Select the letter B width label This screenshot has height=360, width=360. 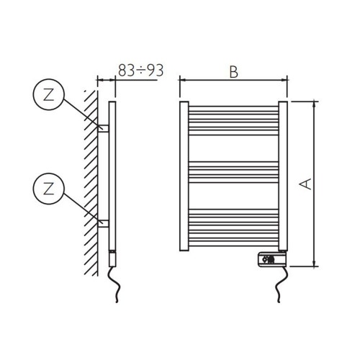coord(233,72)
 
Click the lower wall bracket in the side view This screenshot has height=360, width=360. coord(104,223)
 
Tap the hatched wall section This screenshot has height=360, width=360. coord(89,180)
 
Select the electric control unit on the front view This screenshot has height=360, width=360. coord(271,257)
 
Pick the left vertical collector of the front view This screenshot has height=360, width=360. coord(184,177)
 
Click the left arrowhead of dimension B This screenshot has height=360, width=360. coord(181,81)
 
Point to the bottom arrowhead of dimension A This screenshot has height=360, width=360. coord(315,264)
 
